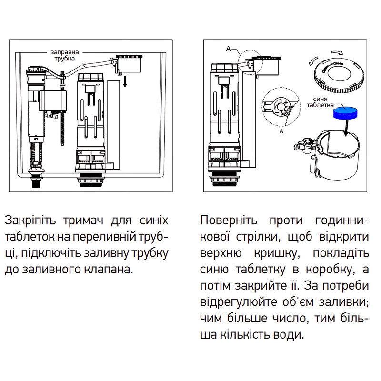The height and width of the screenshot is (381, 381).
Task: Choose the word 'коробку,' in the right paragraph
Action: coord(331,270)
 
